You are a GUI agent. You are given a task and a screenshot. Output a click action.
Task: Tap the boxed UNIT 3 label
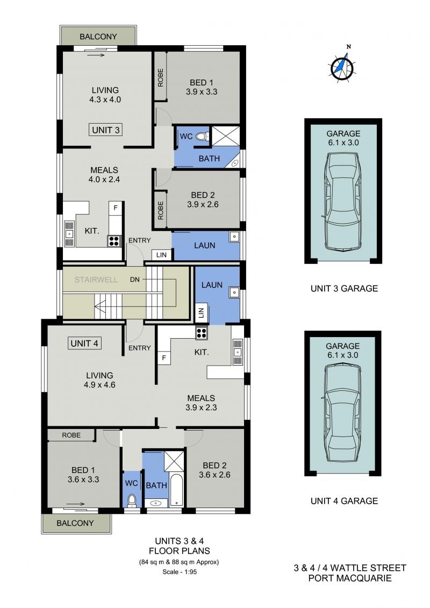pos(106,130)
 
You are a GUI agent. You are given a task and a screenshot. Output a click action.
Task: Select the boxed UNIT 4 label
pos(84,343)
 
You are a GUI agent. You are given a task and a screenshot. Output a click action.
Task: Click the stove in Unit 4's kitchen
pos(202,333)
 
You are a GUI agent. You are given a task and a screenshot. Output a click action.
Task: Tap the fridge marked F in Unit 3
pos(115,208)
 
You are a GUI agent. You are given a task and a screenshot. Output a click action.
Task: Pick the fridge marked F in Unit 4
pos(163,358)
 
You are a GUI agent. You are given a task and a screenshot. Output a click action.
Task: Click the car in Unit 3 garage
pos(343,201)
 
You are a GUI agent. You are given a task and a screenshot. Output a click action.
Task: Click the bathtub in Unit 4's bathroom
pos(176,490)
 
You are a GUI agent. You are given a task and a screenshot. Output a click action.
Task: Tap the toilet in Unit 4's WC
pos(132,500)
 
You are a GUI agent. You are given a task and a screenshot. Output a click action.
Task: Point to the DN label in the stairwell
pos(134,279)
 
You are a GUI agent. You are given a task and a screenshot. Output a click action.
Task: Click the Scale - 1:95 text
pos(180,571)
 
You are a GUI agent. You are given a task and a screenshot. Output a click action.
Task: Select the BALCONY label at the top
pos(98,37)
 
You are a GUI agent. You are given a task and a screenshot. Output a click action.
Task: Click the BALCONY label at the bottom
pos(75,523)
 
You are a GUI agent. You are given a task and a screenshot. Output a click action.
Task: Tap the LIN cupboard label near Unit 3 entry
pos(162,255)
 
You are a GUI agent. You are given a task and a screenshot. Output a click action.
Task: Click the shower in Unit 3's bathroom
pos(225,136)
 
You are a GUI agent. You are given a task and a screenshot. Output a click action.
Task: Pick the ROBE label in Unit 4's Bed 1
pos(71,435)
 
